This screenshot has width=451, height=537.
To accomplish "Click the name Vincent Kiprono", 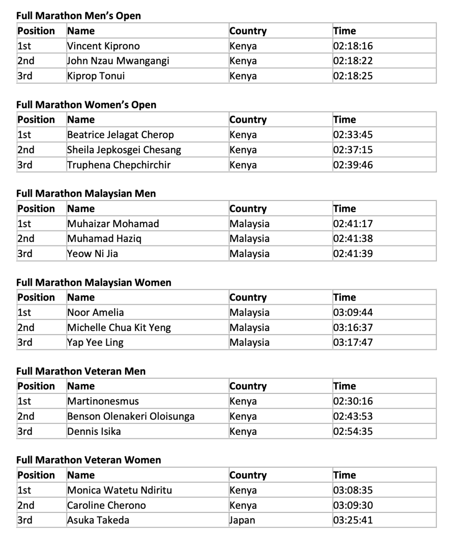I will pyautogui.click(x=103, y=46).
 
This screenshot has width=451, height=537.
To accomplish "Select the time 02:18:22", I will pyautogui.click(x=353, y=61).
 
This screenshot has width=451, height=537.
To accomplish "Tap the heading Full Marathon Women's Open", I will pyautogui.click(x=86, y=105).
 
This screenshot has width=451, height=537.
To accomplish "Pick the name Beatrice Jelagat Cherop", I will pyautogui.click(x=120, y=135).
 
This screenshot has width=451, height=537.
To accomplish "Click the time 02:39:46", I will pyautogui.click(x=353, y=165).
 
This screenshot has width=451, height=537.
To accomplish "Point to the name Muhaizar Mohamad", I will pyautogui.click(x=113, y=224).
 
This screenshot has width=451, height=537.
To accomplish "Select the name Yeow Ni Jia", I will pyautogui.click(x=92, y=254).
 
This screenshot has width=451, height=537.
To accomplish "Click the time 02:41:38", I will pyautogui.click(x=353, y=239).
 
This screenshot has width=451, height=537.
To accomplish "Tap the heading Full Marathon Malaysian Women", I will pyautogui.click(x=94, y=282).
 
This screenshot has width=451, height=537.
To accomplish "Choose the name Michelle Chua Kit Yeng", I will pyautogui.click(x=119, y=328).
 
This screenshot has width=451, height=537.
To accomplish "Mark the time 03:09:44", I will pyautogui.click(x=353, y=312).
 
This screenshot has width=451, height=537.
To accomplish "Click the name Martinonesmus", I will pyautogui.click(x=103, y=401).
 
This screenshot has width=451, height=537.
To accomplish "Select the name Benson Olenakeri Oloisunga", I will pyautogui.click(x=131, y=416).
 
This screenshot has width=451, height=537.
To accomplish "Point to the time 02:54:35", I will pyautogui.click(x=353, y=431).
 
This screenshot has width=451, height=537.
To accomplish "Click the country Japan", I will pyautogui.click(x=242, y=520).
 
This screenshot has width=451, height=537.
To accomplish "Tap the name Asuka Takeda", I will pyautogui.click(x=98, y=520).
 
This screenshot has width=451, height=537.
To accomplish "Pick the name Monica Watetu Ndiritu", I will pyautogui.click(x=120, y=490).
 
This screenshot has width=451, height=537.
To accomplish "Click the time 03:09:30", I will pyautogui.click(x=353, y=505).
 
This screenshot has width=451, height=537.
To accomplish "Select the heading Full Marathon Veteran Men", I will pyautogui.click(x=81, y=371).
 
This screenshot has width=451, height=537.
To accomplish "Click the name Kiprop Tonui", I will pyautogui.click(x=96, y=76).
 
